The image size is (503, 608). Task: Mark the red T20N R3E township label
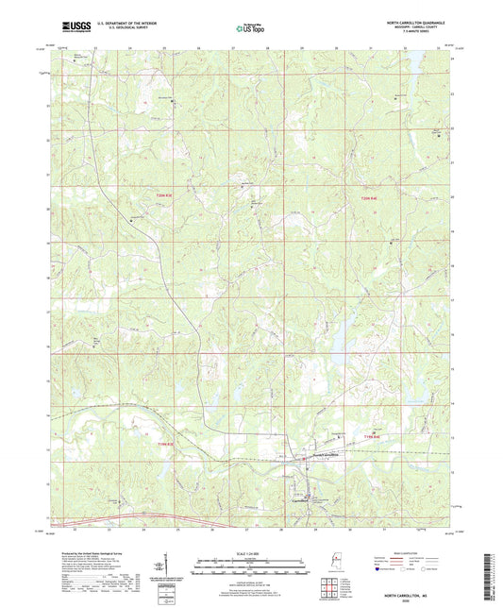coord(167,195)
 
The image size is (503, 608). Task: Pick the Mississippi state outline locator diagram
coord(337,567)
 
